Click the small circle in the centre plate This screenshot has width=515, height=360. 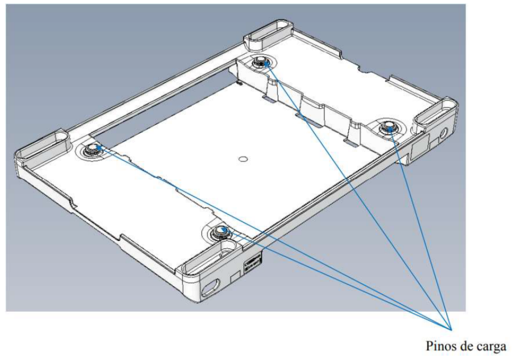[243, 159]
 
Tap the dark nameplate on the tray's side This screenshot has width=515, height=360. [253, 265]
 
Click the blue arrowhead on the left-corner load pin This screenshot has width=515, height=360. [98, 147]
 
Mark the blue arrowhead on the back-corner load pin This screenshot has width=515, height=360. [267, 63]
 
